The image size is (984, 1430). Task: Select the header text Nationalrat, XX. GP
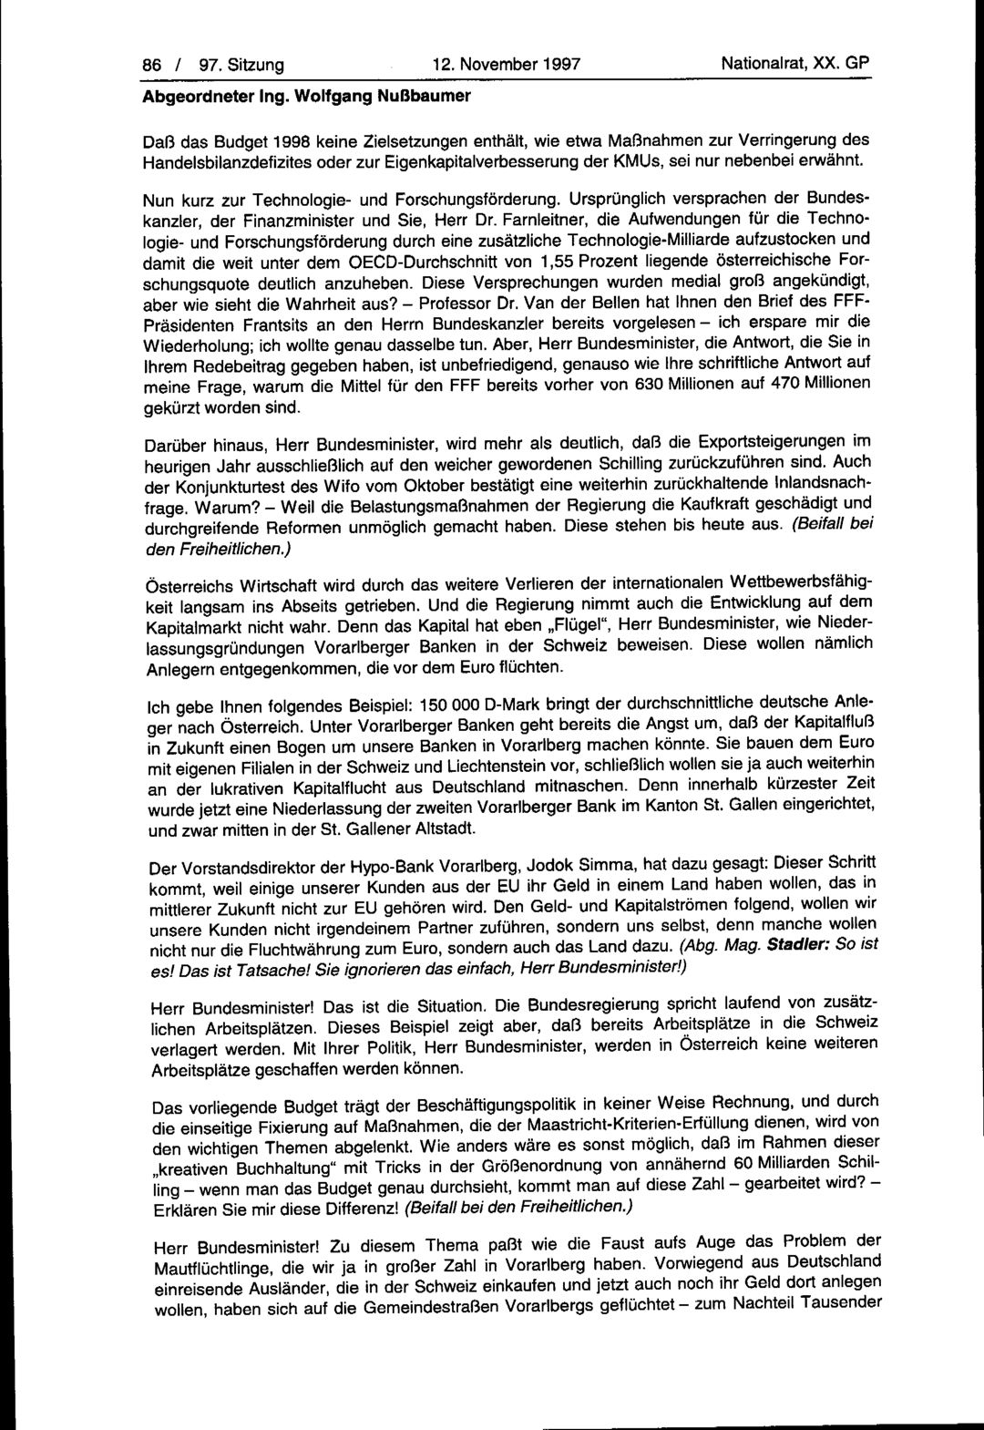[x=795, y=64]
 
